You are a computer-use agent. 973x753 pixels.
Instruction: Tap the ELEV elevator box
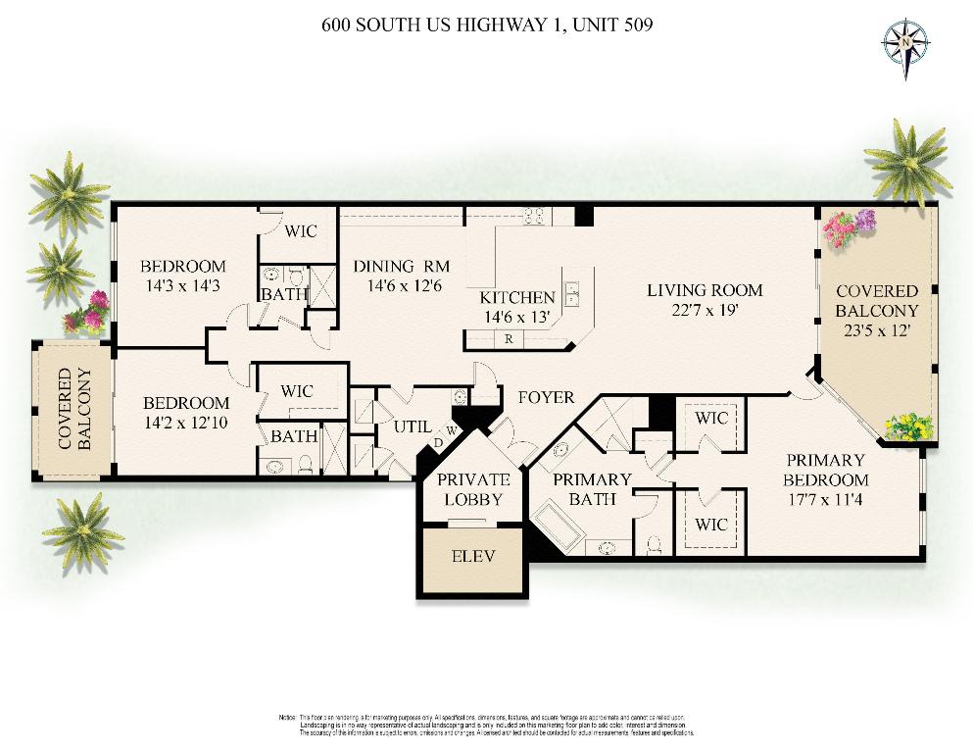472,556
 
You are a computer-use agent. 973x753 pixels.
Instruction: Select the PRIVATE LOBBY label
473,488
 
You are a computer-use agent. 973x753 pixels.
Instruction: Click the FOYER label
546,397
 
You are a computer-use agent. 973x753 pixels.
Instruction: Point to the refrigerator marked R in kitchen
510,339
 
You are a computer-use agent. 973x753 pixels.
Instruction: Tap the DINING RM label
402,266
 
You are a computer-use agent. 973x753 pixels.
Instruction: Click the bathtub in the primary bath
559,529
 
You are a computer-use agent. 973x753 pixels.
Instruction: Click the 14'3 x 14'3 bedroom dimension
182,286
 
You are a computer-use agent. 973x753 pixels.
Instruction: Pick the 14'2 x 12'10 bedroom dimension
186,423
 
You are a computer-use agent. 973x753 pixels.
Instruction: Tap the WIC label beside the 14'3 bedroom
300,231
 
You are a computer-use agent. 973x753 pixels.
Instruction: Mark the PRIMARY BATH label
592,488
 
